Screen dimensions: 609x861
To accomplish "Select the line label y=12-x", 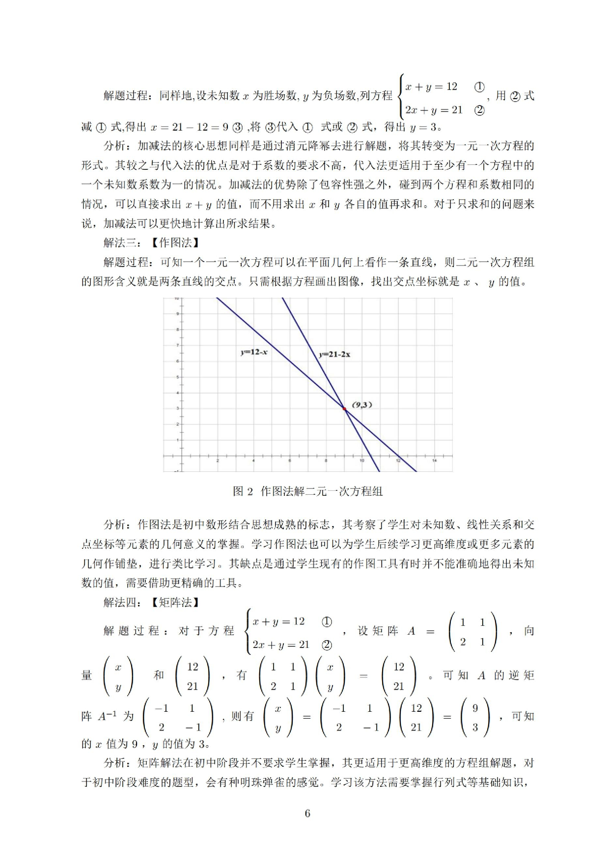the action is tap(253, 351).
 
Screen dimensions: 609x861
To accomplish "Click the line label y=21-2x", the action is tap(334, 354).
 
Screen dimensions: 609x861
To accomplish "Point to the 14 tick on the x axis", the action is tap(434, 460).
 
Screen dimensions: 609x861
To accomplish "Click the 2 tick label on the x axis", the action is tap(218, 460).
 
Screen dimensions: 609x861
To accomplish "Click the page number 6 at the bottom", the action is tap(307, 813).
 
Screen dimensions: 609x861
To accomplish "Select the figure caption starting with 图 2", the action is tap(307, 491).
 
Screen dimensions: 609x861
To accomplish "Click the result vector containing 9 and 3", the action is tap(475, 717).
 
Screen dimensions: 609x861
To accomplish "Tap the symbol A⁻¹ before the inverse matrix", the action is tap(108, 716).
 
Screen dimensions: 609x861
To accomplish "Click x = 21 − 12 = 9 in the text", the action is tap(190, 127).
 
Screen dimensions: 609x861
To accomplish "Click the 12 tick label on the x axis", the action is tap(398, 460).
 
